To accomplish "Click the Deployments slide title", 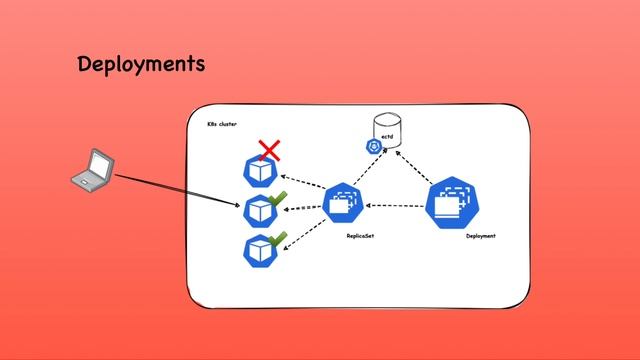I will coord(141,65).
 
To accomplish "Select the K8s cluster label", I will coord(222,125).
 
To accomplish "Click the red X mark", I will coord(268,151).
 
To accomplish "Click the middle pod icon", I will coord(259,210).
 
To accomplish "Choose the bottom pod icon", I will coord(259,248).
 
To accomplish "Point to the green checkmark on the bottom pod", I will coord(278,238).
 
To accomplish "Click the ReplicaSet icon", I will coord(341,205).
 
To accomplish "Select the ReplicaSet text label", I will coord(360,236).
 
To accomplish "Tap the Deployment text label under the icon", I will coord(481,236).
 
